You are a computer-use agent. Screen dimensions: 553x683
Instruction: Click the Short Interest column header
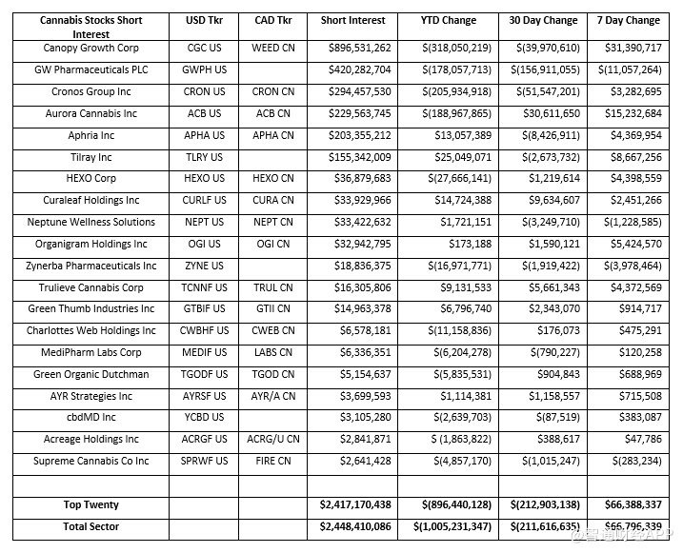pyautogui.click(x=352, y=20)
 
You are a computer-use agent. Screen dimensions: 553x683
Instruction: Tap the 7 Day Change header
pyautogui.click(x=628, y=20)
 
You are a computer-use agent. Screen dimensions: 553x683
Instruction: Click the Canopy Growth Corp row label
pyautogui.click(x=91, y=49)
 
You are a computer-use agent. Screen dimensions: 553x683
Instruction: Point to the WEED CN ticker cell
pyautogui.click(x=273, y=49)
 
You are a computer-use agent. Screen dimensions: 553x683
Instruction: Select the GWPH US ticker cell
pyautogui.click(x=205, y=70)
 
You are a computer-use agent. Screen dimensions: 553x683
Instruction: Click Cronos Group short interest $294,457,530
pyautogui.click(x=354, y=92)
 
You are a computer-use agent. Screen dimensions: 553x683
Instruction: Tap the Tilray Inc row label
pyautogui.click(x=91, y=158)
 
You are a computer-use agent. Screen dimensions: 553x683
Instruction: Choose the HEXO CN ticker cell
pyautogui.click(x=273, y=179)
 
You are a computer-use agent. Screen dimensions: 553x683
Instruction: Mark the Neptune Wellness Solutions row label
pyautogui.click(x=91, y=223)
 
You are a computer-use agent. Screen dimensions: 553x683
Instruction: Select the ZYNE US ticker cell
pyautogui.click(x=205, y=267)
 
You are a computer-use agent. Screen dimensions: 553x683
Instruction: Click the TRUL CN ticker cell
pyautogui.click(x=273, y=288)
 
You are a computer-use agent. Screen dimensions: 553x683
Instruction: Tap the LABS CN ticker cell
pyautogui.click(x=273, y=353)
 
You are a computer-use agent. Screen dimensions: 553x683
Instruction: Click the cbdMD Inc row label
pyautogui.click(x=91, y=418)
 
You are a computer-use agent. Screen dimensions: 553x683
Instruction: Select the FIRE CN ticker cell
pyautogui.click(x=273, y=462)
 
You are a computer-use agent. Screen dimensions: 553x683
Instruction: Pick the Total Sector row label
pyautogui.click(x=91, y=526)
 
